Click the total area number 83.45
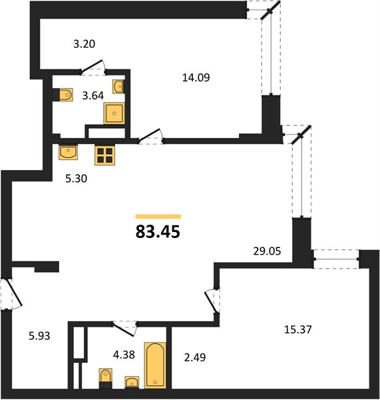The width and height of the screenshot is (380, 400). tap(158, 231)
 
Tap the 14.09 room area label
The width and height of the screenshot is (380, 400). tap(196, 77)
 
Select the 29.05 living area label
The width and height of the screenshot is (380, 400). tap(267, 251)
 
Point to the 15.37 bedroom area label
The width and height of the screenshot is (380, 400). tap(297, 329)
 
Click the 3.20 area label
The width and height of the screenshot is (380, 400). tap(85, 44)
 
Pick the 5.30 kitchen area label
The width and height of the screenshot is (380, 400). tap(76, 178)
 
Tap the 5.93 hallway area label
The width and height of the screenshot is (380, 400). tap(39, 336)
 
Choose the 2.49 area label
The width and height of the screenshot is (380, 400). tap(195, 357)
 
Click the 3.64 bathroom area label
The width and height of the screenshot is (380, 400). tap(93, 95)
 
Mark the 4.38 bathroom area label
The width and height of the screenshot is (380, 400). tap(124, 355)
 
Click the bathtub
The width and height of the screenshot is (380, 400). tap(155, 365)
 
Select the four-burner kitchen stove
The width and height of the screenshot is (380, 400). tap(104, 155)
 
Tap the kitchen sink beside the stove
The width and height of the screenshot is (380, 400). tap(68, 152)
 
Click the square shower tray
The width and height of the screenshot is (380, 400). tap(114, 113)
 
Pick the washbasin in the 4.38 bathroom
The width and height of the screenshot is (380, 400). tap(132, 382)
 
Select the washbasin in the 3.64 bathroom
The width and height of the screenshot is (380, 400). tap(118, 87)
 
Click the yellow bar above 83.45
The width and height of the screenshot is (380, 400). tap(158, 217)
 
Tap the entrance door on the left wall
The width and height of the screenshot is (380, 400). tap(12, 294)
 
